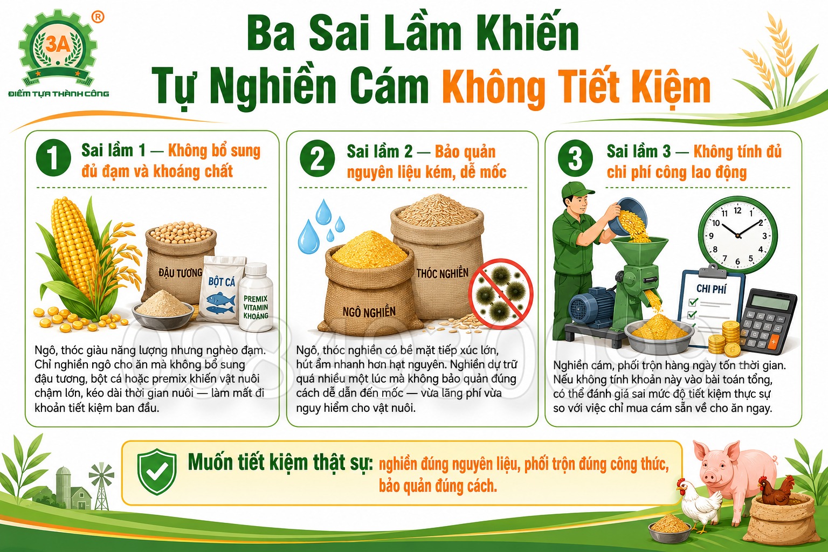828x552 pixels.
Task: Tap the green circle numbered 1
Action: pyautogui.click(x=53, y=157)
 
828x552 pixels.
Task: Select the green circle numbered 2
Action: pyautogui.click(x=317, y=158)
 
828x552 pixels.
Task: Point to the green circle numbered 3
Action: pyautogui.click(x=575, y=158)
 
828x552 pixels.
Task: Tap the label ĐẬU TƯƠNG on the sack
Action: pyautogui.click(x=181, y=273)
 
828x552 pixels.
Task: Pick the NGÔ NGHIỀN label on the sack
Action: pyautogui.click(x=369, y=312)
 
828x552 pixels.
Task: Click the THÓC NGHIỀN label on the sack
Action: pyautogui.click(x=443, y=273)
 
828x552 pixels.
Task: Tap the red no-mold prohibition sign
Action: pyautogui.click(x=501, y=294)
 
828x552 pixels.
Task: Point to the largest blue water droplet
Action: pyautogui.click(x=309, y=237)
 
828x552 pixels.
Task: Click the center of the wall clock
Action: pyautogui.click(x=738, y=235)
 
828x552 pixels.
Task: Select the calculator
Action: pyautogui.click(x=768, y=322)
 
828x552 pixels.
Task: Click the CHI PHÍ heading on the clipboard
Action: pyautogui.click(x=712, y=289)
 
